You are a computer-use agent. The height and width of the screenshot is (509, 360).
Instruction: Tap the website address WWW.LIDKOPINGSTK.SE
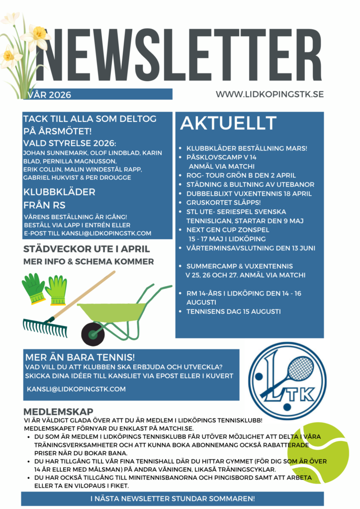pyautogui.click(x=270, y=94)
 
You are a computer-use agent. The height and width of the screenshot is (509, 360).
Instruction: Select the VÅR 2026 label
pyautogui.click(x=50, y=95)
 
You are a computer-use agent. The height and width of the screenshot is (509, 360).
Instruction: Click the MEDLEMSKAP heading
pyautogui.click(x=58, y=412)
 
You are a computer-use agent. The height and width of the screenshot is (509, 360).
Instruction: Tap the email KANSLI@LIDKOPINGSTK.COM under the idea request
pyautogui.click(x=76, y=389)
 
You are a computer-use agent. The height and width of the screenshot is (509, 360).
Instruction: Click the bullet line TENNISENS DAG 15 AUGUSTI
pyautogui.click(x=233, y=312)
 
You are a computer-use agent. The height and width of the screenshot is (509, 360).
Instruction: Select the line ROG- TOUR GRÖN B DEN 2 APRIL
pyautogui.click(x=241, y=175)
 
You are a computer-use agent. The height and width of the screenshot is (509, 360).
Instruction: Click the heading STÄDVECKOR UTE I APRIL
pyautogui.click(x=87, y=249)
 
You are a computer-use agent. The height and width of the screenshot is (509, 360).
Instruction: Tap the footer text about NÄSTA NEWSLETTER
pyautogui.click(x=173, y=498)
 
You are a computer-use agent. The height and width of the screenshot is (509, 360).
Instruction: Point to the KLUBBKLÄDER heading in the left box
pyautogui.click(x=59, y=192)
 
